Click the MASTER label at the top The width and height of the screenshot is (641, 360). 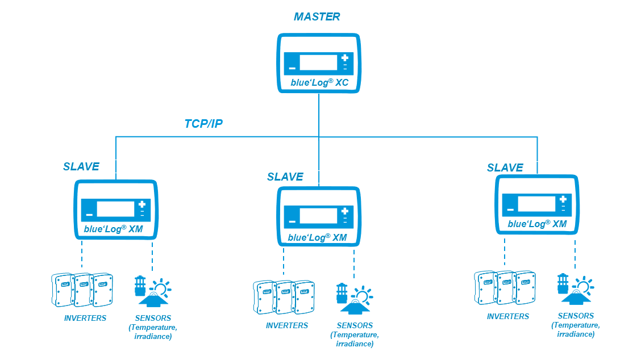tap(317, 16)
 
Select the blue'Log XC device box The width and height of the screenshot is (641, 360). tap(318, 62)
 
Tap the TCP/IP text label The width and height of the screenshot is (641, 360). tap(203, 124)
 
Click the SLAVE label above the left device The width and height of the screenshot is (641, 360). tap(81, 166)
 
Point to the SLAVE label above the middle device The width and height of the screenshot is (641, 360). tap(285, 177)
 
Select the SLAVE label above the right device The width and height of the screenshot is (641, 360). tap(505, 168)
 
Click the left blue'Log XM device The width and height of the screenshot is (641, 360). tap(116, 208)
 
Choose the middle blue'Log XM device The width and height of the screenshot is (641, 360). tap(318, 216)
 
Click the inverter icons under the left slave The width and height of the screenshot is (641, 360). tap(82, 290)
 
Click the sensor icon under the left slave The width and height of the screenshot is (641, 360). tap(152, 291)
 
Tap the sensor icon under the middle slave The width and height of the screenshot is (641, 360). tap(353, 299)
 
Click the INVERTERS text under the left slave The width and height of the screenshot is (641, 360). tap(85, 318)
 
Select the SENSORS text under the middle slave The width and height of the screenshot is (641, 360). tap(355, 325)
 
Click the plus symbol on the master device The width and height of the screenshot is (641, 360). tap(345, 58)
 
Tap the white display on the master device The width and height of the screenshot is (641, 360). tap(318, 62)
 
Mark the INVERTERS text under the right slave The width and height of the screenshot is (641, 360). tap(507, 316)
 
